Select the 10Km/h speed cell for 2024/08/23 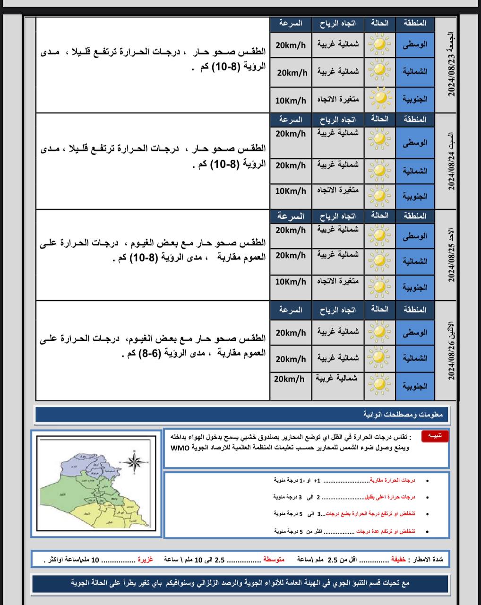(291, 101)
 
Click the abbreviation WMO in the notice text (180, 448)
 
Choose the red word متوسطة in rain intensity (274, 560)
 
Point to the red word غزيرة (146, 560)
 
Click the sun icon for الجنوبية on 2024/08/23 (380, 99)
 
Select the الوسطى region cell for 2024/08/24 (415, 143)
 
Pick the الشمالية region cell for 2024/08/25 (415, 261)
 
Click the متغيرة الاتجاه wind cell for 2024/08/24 (338, 190)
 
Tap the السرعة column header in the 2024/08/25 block (291, 216)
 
